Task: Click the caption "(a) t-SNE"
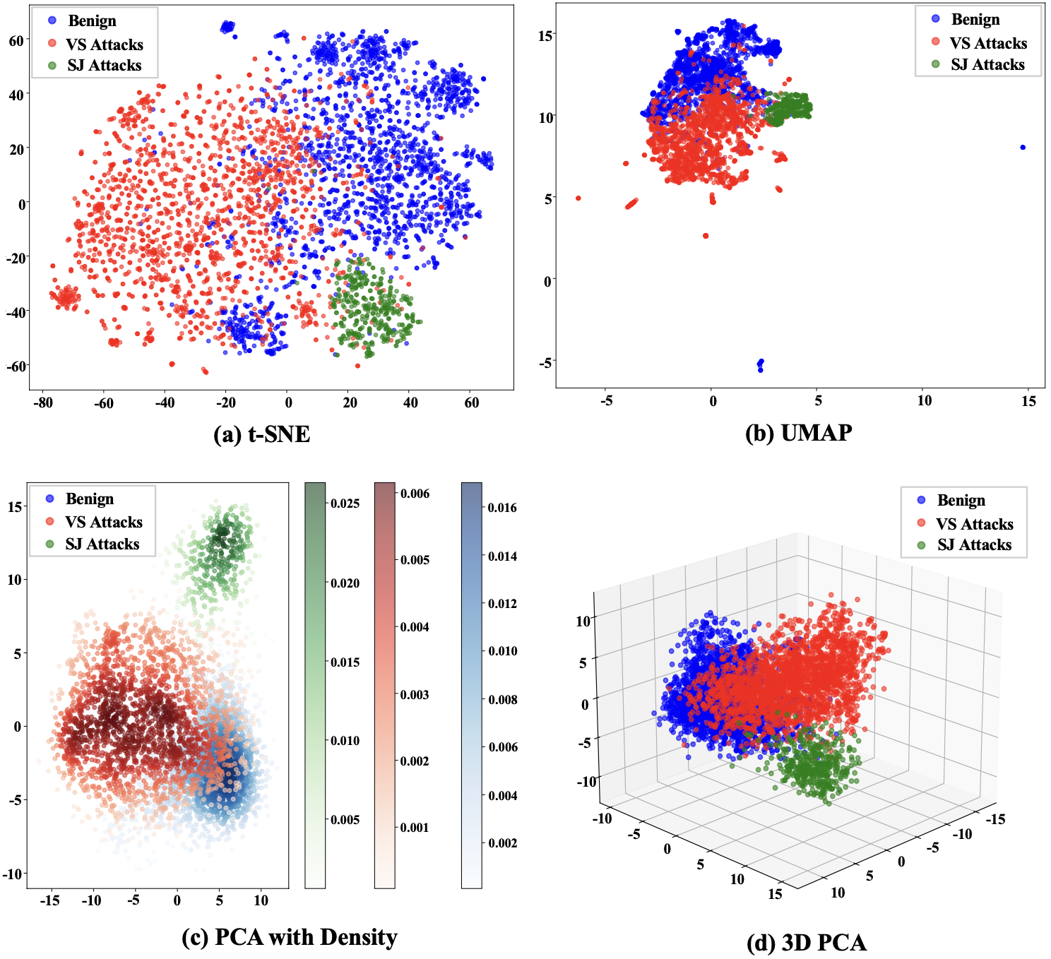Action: pos(261,434)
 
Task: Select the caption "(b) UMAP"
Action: pos(798,432)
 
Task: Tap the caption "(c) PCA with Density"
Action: pos(289,937)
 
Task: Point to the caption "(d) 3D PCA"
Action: pos(806,942)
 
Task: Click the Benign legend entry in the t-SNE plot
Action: pos(91,20)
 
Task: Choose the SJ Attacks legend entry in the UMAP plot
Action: pos(987,65)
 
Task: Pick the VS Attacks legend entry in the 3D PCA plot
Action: pos(974,524)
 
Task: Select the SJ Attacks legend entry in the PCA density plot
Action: pos(102,544)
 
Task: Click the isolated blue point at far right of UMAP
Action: pos(1023,148)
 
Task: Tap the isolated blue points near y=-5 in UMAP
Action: pos(761,364)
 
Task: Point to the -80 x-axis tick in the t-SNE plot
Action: pos(43,403)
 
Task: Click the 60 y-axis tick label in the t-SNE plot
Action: pos(16,41)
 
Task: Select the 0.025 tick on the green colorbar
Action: pos(345,504)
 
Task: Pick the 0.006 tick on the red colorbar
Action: pos(415,494)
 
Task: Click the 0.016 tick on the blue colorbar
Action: pos(502,508)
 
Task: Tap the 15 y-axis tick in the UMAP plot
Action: pos(545,35)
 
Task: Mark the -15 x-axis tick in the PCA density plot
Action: pos(49,900)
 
